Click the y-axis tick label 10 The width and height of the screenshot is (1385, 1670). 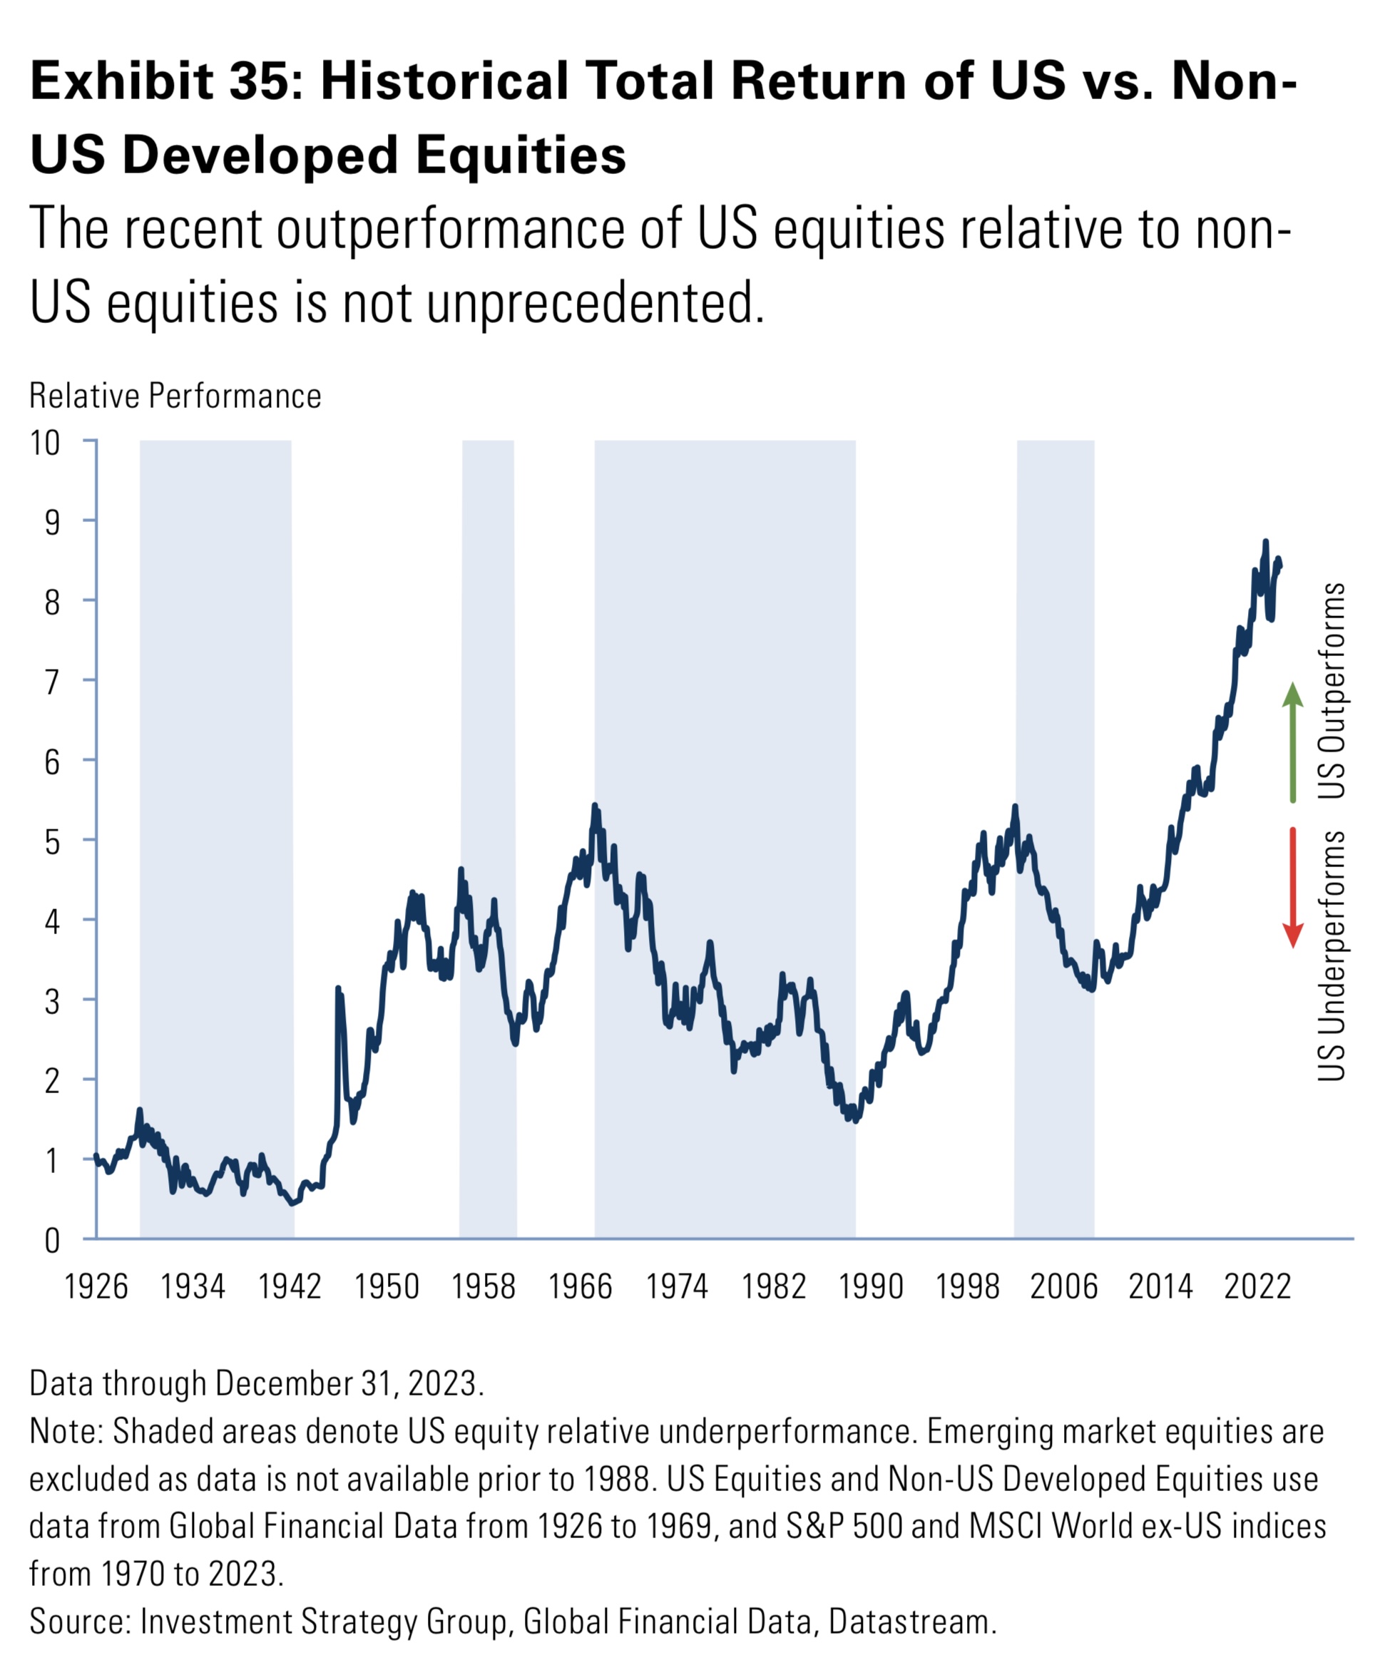(x=46, y=443)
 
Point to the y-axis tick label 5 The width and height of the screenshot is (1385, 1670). (x=53, y=841)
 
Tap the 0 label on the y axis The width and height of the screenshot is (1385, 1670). (x=53, y=1240)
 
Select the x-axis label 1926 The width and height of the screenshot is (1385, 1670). (x=96, y=1286)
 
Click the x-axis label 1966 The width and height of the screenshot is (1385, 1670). (x=580, y=1286)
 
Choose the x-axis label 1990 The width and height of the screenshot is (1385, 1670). (x=870, y=1286)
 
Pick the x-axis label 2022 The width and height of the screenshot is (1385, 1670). (x=1257, y=1286)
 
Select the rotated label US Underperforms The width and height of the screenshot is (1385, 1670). (x=1332, y=955)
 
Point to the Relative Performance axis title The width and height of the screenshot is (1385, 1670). (x=175, y=396)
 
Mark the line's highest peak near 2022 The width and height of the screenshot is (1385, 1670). (x=1265, y=543)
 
